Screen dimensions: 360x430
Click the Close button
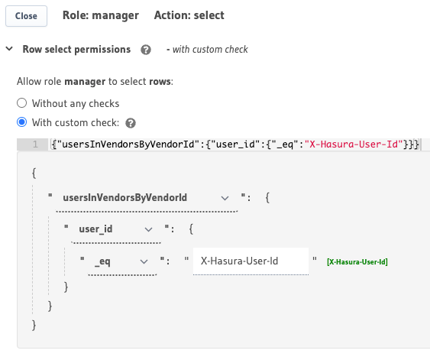pyautogui.click(x=26, y=15)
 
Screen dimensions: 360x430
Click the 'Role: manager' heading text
pyautogui.click(x=101, y=15)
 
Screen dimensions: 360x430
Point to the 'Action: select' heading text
pyautogui.click(x=189, y=15)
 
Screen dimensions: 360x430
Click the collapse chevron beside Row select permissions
pyautogui.click(x=9, y=49)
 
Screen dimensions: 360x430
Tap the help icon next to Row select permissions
pyautogui.click(x=146, y=50)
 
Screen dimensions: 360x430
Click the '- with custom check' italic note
pyautogui.click(x=207, y=50)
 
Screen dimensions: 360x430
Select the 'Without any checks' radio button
pyautogui.click(x=22, y=103)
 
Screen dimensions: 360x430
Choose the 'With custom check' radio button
pyautogui.click(x=22, y=122)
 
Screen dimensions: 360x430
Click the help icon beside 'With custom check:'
pyautogui.click(x=131, y=122)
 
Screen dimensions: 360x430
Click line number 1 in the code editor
pyautogui.click(x=34, y=144)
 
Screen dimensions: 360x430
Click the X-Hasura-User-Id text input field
pyautogui.click(x=250, y=261)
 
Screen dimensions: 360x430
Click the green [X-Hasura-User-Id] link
pyautogui.click(x=357, y=262)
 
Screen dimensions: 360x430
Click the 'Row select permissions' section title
pyautogui.click(x=76, y=50)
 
